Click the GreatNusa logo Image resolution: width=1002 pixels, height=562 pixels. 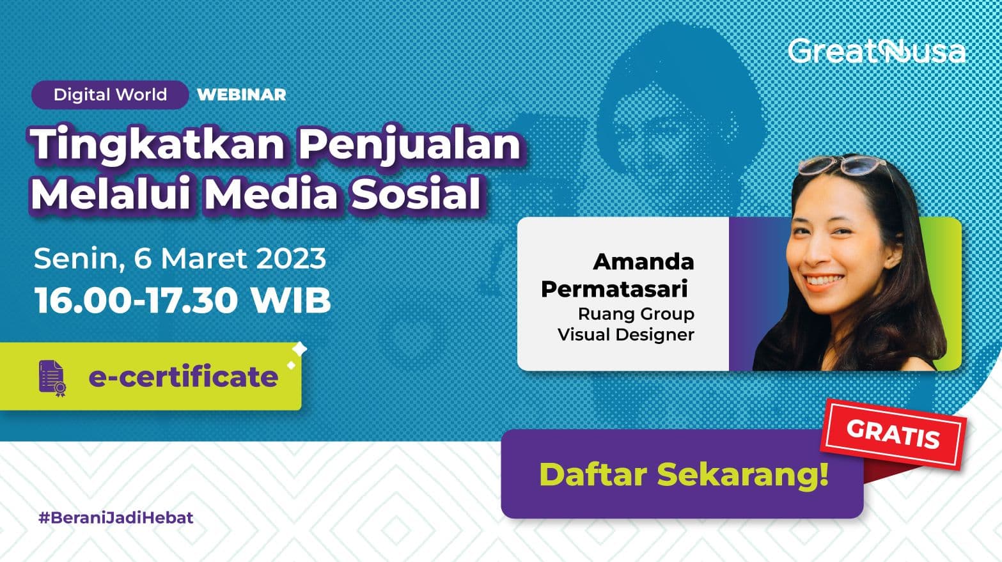pyautogui.click(x=876, y=51)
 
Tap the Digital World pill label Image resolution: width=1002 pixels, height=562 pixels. pyautogui.click(x=110, y=95)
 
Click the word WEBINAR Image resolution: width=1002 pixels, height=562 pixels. pyautogui.click(x=242, y=95)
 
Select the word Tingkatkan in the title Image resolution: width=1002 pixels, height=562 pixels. pyautogui.click(x=157, y=144)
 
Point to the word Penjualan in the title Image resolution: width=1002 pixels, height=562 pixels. pyautogui.click(x=410, y=144)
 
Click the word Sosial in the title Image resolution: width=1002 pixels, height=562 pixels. pyautogui.click(x=416, y=194)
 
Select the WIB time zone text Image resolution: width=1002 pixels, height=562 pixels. pyautogui.click(x=291, y=300)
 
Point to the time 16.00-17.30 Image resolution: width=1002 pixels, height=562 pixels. pyautogui.click(x=136, y=300)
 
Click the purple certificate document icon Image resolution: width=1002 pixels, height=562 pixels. pyautogui.click(x=52, y=379)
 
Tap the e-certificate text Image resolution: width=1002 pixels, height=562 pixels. pyautogui.click(x=184, y=377)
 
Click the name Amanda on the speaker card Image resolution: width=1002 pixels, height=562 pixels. pyautogui.click(x=644, y=262)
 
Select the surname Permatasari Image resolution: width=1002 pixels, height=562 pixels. pyautogui.click(x=614, y=289)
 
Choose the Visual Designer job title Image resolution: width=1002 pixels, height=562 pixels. pyautogui.click(x=626, y=334)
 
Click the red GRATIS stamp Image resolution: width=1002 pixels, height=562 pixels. pyautogui.click(x=893, y=433)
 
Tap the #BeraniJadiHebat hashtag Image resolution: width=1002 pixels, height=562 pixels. pyautogui.click(x=116, y=518)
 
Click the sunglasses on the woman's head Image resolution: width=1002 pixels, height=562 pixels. pyautogui.click(x=842, y=165)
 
